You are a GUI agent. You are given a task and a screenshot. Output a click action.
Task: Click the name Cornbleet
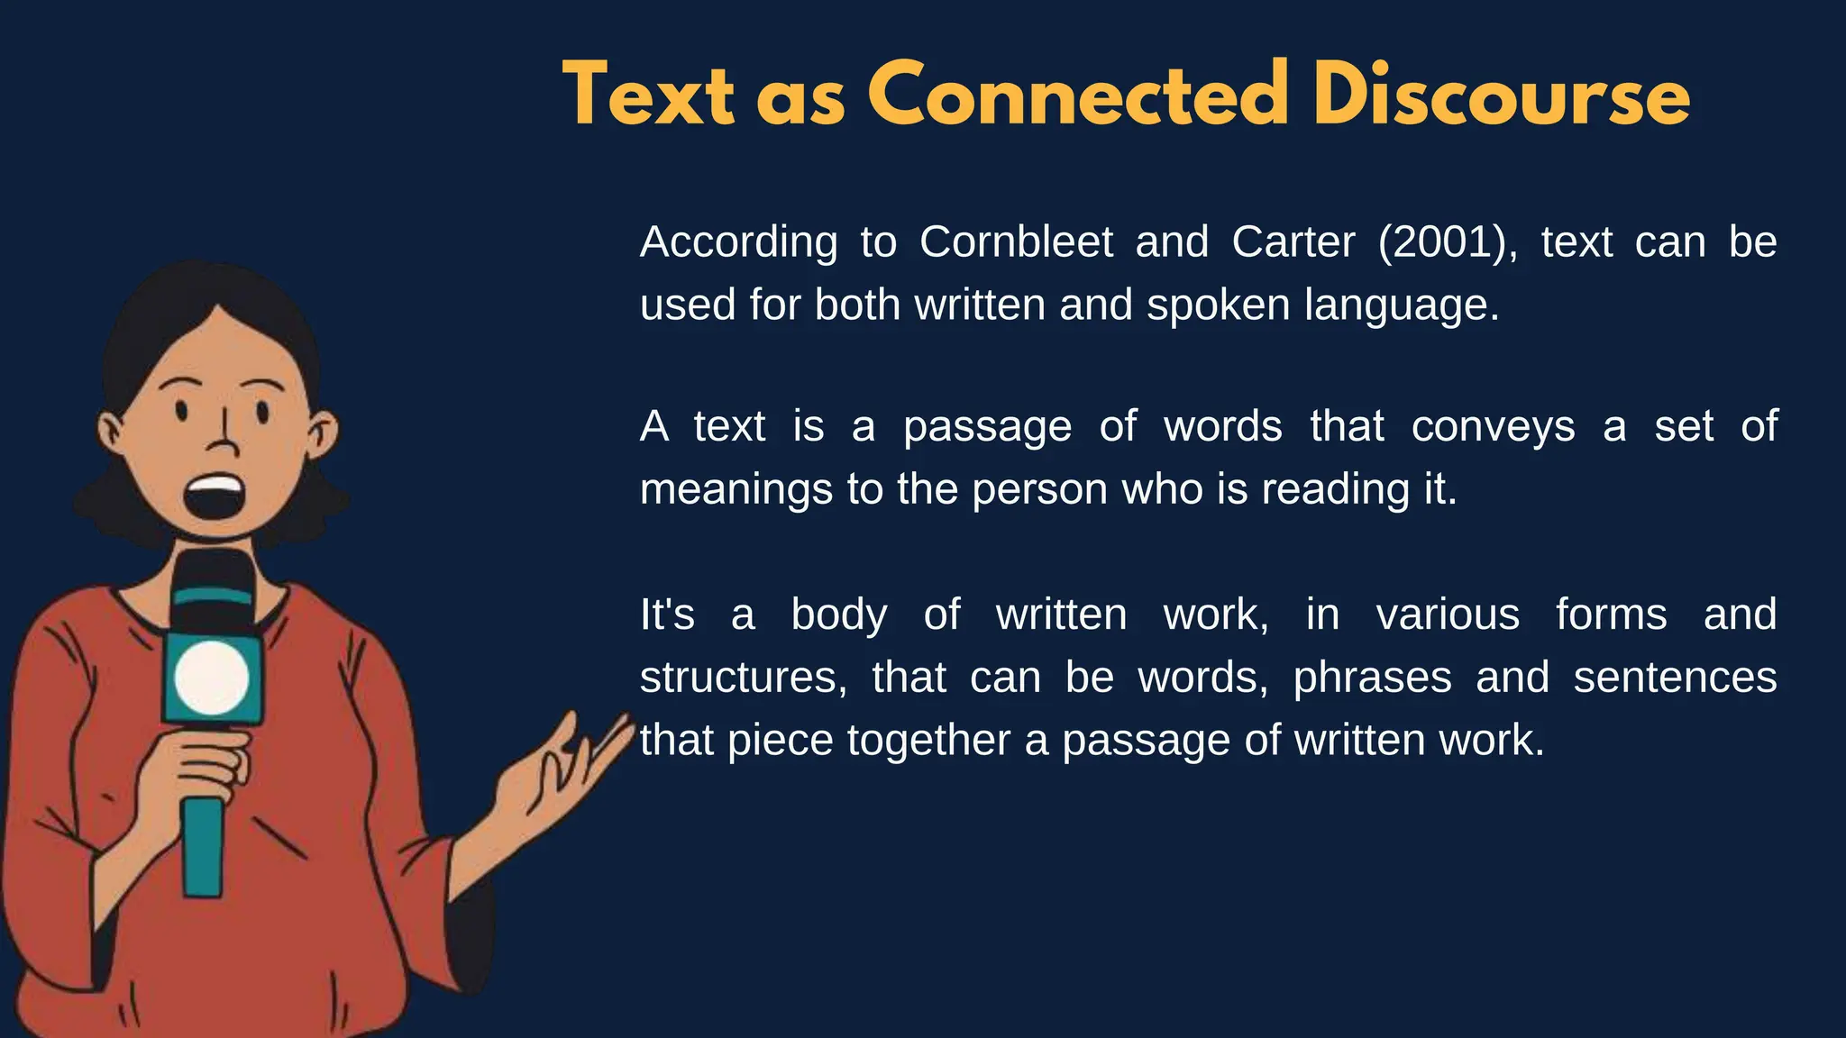pyautogui.click(x=1016, y=241)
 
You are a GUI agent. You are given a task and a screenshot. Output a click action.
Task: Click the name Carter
pyautogui.click(x=1293, y=241)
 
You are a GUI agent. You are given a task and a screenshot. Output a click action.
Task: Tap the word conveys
pyautogui.click(x=1493, y=425)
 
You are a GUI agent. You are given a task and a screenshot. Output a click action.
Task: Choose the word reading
pyautogui.click(x=1333, y=490)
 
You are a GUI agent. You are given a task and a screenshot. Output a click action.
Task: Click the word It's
pyautogui.click(x=667, y=615)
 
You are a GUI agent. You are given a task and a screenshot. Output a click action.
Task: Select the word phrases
pyautogui.click(x=1372, y=678)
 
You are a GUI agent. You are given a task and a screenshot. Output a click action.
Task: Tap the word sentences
pyautogui.click(x=1675, y=678)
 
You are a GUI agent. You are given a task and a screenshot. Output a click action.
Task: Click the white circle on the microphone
pyautogui.click(x=211, y=678)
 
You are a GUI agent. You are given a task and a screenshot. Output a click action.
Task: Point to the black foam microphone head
pyautogui.click(x=213, y=590)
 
